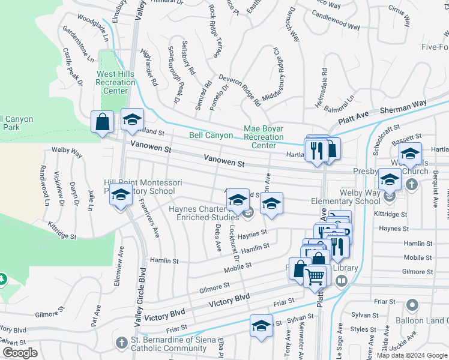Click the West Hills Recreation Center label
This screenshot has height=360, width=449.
click(116, 82)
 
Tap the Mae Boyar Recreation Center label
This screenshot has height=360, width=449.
click(264, 137)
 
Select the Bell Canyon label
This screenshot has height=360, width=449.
click(211, 136)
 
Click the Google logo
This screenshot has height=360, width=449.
click(20, 353)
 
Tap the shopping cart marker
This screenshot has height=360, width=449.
click(316, 277)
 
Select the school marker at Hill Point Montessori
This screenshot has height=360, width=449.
click(121, 195)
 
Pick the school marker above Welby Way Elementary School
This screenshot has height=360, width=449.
click(390, 179)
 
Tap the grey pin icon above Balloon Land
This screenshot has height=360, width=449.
click(412, 305)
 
